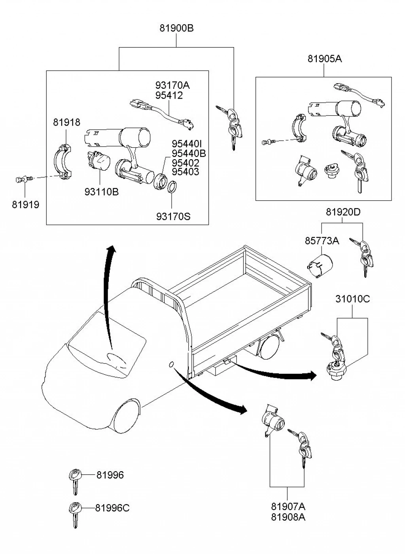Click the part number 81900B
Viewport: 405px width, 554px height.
click(x=176, y=28)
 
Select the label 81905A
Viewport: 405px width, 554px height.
click(x=325, y=59)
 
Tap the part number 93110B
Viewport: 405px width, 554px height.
click(x=102, y=192)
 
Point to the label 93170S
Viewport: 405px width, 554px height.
click(x=173, y=217)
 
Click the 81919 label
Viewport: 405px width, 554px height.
click(x=26, y=205)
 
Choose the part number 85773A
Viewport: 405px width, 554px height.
click(x=322, y=241)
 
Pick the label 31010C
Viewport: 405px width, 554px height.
click(x=353, y=299)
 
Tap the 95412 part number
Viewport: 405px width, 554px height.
click(x=169, y=95)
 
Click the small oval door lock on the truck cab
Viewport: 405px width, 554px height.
click(x=171, y=365)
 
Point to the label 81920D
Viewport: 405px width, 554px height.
click(x=343, y=212)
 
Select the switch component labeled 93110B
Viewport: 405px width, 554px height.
click(x=98, y=161)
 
